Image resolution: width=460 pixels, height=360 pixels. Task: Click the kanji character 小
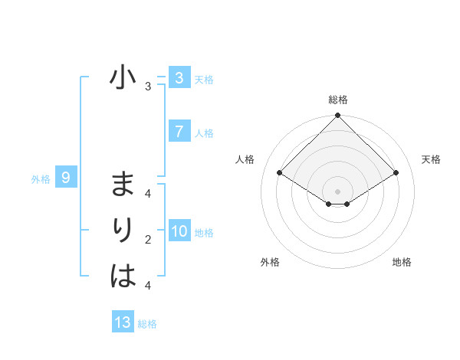pyautogui.click(x=123, y=78)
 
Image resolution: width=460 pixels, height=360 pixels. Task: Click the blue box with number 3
pyautogui.click(x=179, y=77)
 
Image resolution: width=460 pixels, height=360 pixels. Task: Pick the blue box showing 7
pyautogui.click(x=179, y=131)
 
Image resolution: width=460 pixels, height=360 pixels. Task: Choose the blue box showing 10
pyautogui.click(x=179, y=231)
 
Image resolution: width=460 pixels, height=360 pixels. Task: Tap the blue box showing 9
pyautogui.click(x=66, y=178)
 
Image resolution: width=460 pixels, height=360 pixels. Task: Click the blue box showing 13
pyautogui.click(x=123, y=322)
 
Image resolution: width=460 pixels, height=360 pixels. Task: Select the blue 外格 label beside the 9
pyautogui.click(x=41, y=179)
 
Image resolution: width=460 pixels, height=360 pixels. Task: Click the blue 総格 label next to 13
pyautogui.click(x=147, y=323)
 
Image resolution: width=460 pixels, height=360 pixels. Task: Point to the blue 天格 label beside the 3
pyautogui.click(x=204, y=79)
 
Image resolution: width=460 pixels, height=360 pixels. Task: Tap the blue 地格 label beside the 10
pyautogui.click(x=204, y=232)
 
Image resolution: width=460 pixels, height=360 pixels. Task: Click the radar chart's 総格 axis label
pyautogui.click(x=338, y=100)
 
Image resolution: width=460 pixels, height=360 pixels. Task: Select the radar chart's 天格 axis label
pyautogui.click(x=432, y=159)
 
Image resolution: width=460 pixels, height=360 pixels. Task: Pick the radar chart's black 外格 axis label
pyautogui.click(x=270, y=262)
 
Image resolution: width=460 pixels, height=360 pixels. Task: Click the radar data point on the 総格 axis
pyautogui.click(x=338, y=116)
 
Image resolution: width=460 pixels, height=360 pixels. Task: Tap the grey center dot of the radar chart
pyautogui.click(x=338, y=191)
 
